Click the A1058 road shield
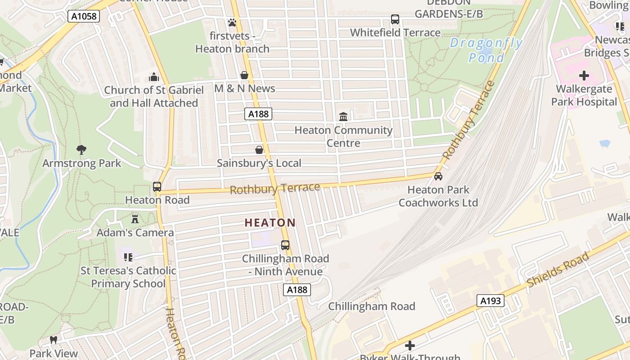[84, 17]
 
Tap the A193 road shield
[490, 301]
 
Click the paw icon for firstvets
[232, 22]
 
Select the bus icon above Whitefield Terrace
[395, 19]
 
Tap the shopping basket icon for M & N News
[244, 75]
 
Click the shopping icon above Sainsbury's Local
[259, 150]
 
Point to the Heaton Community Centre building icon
[343, 117]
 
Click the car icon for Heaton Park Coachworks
[438, 176]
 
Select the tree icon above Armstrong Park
[81, 150]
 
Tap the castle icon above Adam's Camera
[135, 219]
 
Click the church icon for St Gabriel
[154, 77]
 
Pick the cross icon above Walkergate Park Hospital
[584, 76]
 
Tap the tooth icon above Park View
[54, 340]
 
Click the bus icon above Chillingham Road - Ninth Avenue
[285, 245]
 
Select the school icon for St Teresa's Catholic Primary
[128, 257]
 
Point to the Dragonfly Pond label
[486, 50]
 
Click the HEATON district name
[270, 223]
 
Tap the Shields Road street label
[558, 270]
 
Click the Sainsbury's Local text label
[259, 163]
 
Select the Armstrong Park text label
[81, 163]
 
